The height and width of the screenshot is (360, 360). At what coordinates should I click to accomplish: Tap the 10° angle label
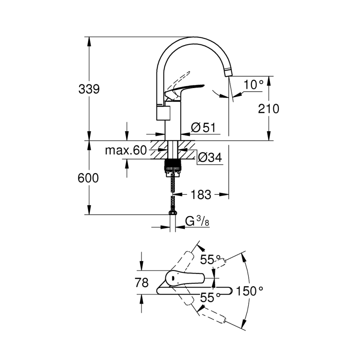pos(254,84)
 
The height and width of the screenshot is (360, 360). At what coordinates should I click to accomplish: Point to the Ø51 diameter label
pos(203,128)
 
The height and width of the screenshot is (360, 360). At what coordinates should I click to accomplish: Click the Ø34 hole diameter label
pos(210,158)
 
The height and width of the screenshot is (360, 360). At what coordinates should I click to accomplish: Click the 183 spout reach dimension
pos(201,195)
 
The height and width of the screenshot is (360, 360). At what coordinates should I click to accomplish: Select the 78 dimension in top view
pos(141,283)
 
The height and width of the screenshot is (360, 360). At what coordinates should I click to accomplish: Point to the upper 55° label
pos(210,260)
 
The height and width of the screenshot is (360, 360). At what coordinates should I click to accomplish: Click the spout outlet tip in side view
pos(228,72)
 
